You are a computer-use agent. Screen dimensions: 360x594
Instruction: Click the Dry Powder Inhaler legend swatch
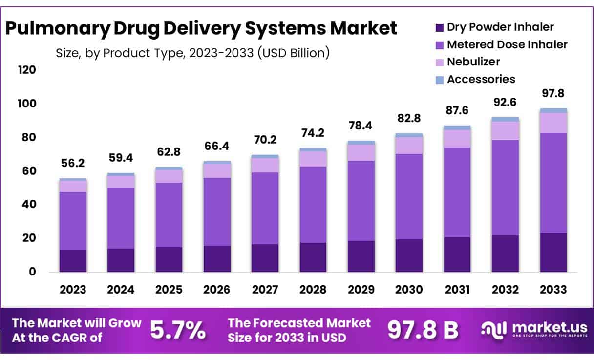coord(439,28)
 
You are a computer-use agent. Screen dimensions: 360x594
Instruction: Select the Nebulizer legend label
coord(473,62)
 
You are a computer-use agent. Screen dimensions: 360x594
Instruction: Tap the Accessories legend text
coord(481,79)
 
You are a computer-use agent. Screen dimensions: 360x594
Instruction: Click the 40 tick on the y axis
coord(29,205)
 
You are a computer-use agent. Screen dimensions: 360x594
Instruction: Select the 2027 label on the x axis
coord(265,290)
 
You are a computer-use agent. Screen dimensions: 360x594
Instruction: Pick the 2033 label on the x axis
coord(553,290)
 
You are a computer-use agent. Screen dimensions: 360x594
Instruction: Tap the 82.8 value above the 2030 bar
coord(409,118)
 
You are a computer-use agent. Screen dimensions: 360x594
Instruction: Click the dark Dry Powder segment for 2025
coord(169,259)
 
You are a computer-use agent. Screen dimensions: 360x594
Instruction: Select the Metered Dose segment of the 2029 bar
coord(361,200)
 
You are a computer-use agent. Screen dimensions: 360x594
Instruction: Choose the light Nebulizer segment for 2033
coord(553,123)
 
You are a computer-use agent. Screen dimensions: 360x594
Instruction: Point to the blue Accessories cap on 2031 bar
coord(457,127)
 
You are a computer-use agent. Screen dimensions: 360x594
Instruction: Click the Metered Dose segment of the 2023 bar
coord(73,221)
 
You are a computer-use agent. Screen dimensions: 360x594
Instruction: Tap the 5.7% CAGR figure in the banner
coord(177,331)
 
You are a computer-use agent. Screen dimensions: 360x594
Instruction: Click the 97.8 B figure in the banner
coord(423,331)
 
